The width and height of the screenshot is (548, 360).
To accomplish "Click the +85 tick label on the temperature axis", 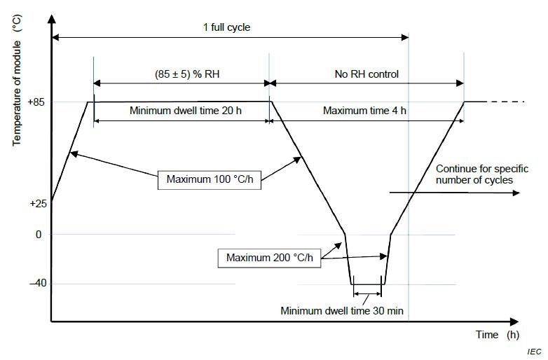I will [36, 102].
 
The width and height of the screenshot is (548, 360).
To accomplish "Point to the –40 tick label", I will [37, 284].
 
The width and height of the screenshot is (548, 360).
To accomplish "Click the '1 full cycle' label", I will [226, 28].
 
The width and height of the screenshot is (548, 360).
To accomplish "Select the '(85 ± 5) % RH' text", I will [181, 72].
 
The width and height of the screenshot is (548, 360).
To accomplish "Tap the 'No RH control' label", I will [367, 72].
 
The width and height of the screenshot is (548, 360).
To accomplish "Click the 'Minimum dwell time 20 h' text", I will [181, 111].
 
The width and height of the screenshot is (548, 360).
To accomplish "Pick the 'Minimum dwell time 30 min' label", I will [343, 310].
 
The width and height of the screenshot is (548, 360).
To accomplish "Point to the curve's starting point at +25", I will [51, 202].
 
